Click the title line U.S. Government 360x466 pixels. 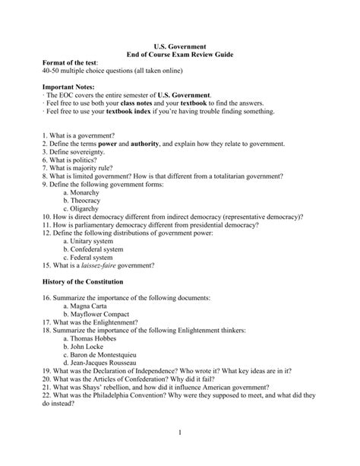coord(180,47)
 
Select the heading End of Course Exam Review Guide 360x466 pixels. coord(180,56)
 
